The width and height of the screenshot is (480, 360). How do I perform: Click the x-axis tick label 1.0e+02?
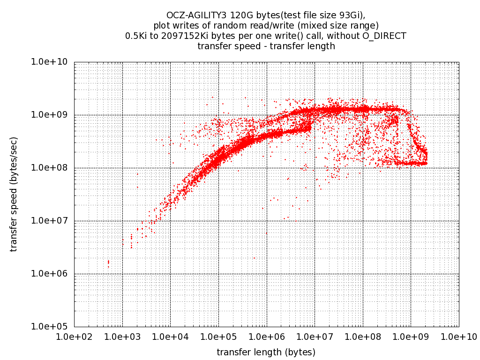[74, 336]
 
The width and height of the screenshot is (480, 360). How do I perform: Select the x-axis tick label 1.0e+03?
[122, 336]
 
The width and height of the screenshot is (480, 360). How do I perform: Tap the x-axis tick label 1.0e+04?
[170, 336]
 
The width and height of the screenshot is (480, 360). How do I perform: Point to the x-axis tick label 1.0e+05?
[218, 336]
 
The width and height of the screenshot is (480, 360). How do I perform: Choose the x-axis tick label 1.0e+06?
[266, 336]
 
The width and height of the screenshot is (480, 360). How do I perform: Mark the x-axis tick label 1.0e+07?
[315, 336]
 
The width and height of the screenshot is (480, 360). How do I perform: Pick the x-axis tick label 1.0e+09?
[411, 336]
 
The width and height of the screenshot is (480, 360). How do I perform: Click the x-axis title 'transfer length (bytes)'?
[266, 352]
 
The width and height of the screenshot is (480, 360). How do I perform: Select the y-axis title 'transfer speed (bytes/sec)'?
[14, 194]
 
